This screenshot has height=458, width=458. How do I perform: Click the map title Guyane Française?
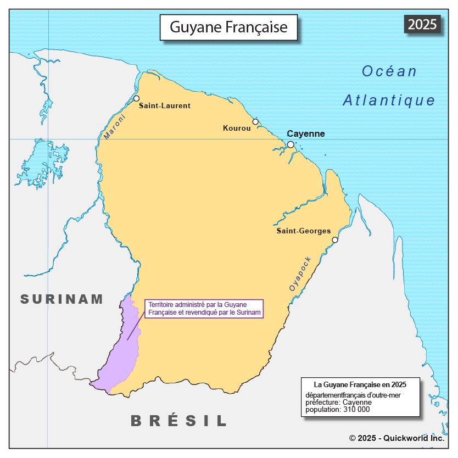pyautogui.click(x=228, y=27)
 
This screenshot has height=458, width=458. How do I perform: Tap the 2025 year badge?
pyautogui.click(x=422, y=24)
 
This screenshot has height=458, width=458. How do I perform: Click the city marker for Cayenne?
pyautogui.click(x=291, y=144)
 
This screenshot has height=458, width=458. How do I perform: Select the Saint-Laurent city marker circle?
pyautogui.click(x=137, y=99)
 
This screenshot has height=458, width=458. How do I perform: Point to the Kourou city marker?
pyautogui.click(x=255, y=121)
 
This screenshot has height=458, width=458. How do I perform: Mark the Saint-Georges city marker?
pyautogui.click(x=335, y=239)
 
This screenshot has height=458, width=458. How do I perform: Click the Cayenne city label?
pyautogui.click(x=306, y=133)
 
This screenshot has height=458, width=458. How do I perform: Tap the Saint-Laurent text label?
pyautogui.click(x=165, y=105)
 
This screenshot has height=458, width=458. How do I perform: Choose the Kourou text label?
pyautogui.click(x=237, y=129)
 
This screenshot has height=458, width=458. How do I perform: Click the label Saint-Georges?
pyautogui.click(x=303, y=231)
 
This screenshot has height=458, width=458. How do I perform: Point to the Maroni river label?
pyautogui.click(x=114, y=127)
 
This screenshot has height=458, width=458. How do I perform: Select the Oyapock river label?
pyautogui.click(x=300, y=273)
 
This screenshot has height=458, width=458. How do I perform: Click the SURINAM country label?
pyautogui.click(x=62, y=299)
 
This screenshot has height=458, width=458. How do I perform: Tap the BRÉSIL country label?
pyautogui.click(x=179, y=421)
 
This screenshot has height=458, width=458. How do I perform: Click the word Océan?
pyautogui.click(x=389, y=71)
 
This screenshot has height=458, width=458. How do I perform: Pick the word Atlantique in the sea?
pyautogui.click(x=389, y=100)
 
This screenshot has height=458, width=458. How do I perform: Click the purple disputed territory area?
pyautogui.click(x=121, y=351)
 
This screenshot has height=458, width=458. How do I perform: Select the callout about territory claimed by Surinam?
pyautogui.click(x=204, y=308)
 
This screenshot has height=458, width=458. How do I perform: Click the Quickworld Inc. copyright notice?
pyautogui.click(x=396, y=438)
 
